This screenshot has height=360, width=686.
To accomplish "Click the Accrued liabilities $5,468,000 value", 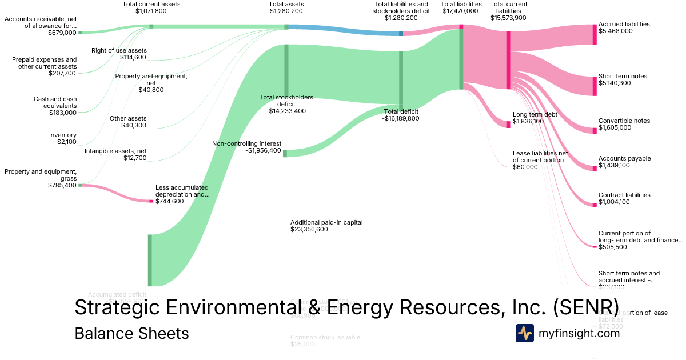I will click(616, 31).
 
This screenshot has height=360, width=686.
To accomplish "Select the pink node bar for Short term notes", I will click(595, 86).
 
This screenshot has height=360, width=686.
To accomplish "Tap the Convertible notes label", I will click(624, 121).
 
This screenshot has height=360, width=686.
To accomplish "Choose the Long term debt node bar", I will click(509, 125).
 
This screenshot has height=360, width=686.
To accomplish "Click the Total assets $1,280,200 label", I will click(286, 7).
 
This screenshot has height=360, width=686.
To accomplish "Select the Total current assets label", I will click(151, 4).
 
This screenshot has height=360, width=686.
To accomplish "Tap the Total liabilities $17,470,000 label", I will click(461, 7).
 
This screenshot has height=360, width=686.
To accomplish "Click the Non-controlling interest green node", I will click(285, 153).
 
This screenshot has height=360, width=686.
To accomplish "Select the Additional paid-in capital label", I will click(326, 222).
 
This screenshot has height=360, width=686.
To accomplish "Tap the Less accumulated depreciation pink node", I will click(151, 201).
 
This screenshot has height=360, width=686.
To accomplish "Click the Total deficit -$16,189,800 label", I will click(401, 115).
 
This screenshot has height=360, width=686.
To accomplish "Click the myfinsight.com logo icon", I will click(524, 333).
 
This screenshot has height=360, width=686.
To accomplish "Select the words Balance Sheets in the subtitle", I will click(131, 333).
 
